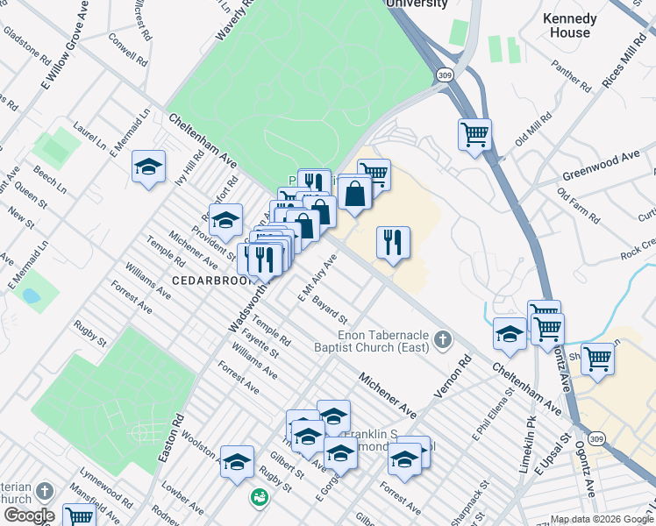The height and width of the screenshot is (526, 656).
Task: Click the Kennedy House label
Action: [x=569, y=25]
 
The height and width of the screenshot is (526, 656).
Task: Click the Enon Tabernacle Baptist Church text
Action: [x=384, y=341]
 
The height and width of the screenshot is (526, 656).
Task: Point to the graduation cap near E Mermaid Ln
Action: [x=148, y=167]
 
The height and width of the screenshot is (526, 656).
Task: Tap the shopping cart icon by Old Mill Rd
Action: [x=474, y=135]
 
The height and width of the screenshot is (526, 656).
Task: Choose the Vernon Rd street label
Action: [x=453, y=376]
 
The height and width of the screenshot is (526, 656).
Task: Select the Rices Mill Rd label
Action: [x=624, y=62]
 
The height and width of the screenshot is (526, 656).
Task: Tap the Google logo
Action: [x=29, y=515]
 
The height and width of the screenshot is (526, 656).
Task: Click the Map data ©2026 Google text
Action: [x=601, y=519]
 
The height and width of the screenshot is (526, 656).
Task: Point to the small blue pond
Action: [x=31, y=295]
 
